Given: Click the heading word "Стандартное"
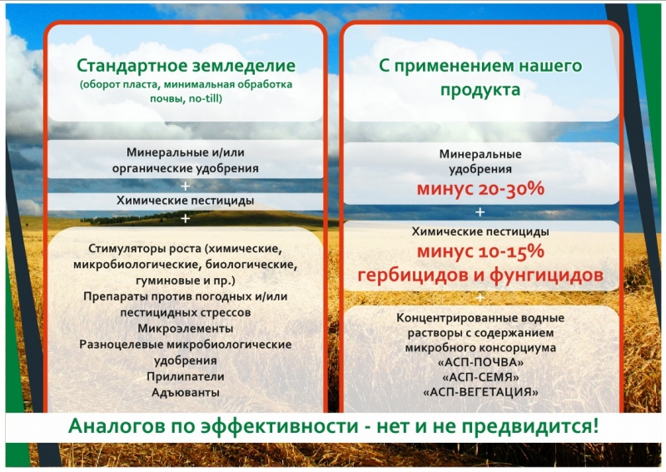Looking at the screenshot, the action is point(132,67).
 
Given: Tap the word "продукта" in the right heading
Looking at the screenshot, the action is point(480,90).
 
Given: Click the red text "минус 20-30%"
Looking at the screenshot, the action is point(480,189).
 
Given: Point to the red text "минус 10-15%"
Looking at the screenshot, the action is point(480,251).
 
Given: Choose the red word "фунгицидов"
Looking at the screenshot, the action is point(547,275).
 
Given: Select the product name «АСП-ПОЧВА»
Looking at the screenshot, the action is point(480,362).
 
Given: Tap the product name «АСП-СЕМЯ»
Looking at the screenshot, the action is point(480,377).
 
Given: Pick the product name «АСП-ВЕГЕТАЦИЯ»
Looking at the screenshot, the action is point(480,392).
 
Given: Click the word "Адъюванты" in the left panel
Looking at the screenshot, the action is point(186,392).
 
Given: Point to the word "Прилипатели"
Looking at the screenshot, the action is point(186,376).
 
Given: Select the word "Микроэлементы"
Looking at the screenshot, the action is point(186,329).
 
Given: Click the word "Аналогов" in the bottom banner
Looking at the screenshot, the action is point(116,426).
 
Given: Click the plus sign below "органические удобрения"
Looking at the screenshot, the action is point(185,186).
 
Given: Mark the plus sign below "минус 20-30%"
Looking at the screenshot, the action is point(480,212).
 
